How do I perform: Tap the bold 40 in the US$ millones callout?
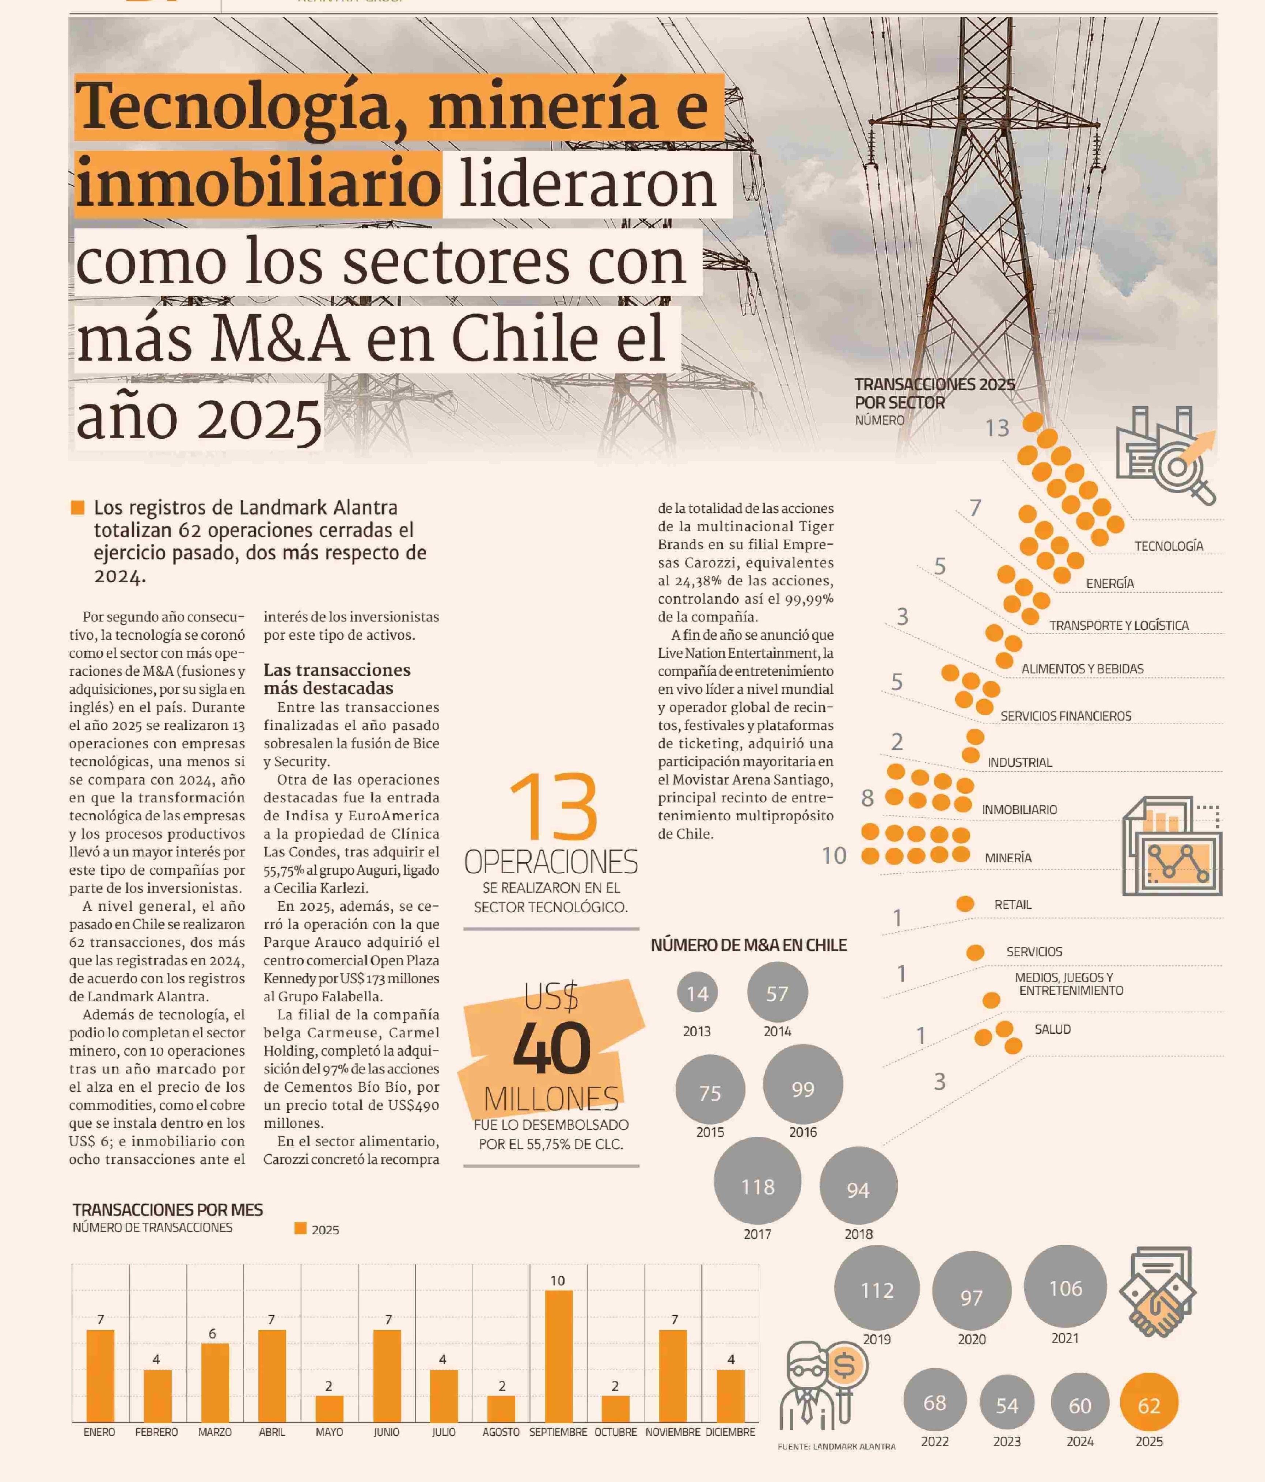pyautogui.click(x=551, y=1049)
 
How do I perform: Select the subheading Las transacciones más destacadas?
pyautogui.click(x=337, y=679)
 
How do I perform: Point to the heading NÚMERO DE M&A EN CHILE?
pyautogui.click(x=749, y=945)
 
